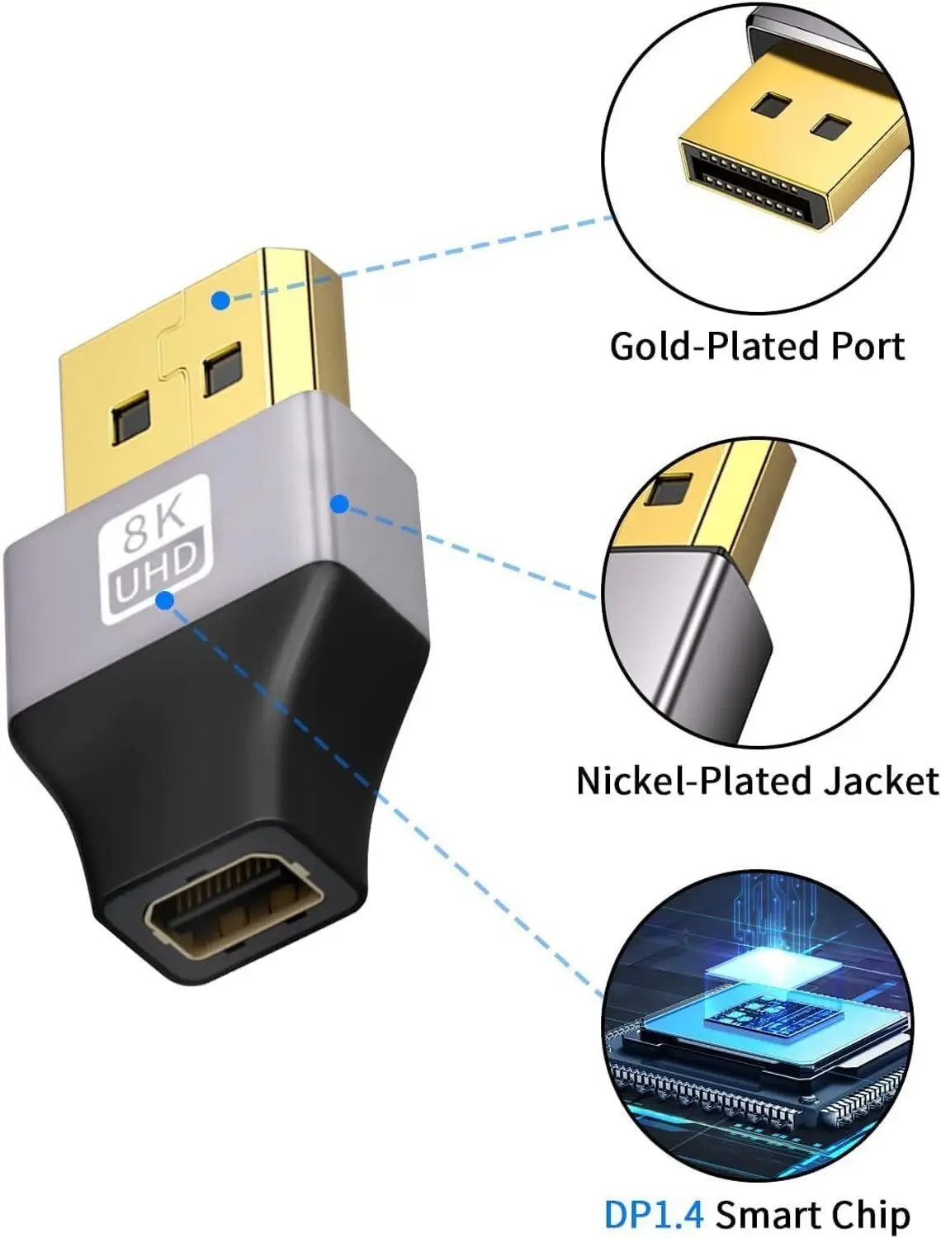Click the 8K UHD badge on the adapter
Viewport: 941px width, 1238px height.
(x=155, y=549)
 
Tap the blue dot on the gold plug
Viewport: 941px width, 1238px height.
(x=221, y=300)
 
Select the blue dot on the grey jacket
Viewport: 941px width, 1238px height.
(x=339, y=503)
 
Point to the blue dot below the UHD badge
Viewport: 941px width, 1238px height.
(x=164, y=601)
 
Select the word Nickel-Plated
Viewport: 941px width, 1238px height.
(x=693, y=781)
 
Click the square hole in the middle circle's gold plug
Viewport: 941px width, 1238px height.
(x=669, y=489)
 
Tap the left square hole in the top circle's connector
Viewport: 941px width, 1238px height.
(x=769, y=105)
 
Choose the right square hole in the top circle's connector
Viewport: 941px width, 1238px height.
(x=830, y=127)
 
